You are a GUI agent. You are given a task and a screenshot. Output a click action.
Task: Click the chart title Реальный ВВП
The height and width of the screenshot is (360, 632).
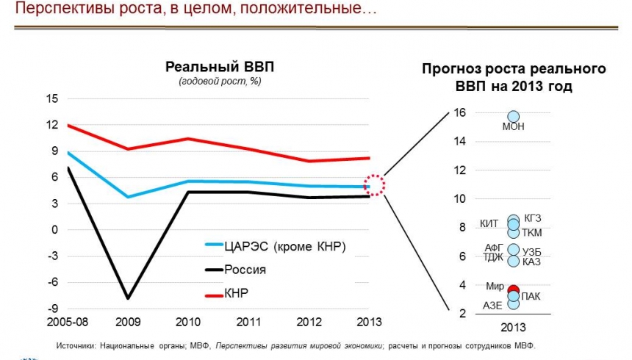219,66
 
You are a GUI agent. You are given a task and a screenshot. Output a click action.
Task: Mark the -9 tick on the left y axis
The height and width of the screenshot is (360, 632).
53,308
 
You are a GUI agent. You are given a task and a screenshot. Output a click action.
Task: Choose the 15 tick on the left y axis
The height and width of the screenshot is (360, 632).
52,98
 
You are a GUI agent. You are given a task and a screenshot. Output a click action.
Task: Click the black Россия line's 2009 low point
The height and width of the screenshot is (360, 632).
128,298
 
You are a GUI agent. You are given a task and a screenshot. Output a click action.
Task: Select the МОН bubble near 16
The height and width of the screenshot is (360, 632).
514,116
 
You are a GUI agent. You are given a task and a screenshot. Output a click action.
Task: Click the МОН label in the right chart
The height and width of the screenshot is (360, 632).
514,127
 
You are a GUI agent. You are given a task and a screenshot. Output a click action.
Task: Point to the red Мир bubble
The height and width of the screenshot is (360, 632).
514,290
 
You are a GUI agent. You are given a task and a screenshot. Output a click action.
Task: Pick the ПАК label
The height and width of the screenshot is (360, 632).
531,296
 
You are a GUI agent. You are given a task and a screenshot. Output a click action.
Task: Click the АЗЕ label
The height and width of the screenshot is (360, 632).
494,306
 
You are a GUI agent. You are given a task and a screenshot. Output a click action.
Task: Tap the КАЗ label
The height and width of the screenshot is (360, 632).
531,262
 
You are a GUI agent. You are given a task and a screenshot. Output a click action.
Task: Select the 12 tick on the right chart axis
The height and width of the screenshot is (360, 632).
461,170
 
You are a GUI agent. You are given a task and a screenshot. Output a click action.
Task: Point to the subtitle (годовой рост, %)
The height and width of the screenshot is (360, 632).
220,81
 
